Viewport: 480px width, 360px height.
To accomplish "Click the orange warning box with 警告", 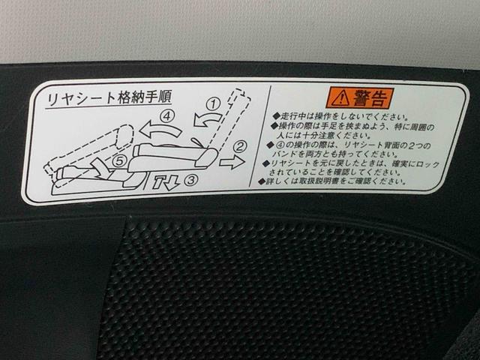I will [x=359, y=97].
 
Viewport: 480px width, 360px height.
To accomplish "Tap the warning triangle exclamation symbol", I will [x=341, y=97].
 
